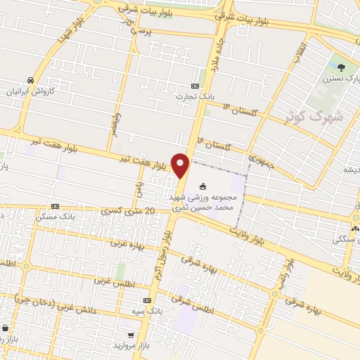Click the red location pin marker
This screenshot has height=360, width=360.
[181, 166]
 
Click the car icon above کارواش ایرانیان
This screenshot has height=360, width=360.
[30, 80]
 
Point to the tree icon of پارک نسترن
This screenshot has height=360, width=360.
[341, 68]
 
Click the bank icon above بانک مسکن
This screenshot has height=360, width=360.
[55, 207]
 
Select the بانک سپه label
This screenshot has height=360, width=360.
[150, 310]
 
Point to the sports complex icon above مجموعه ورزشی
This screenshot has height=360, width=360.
[204, 187]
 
